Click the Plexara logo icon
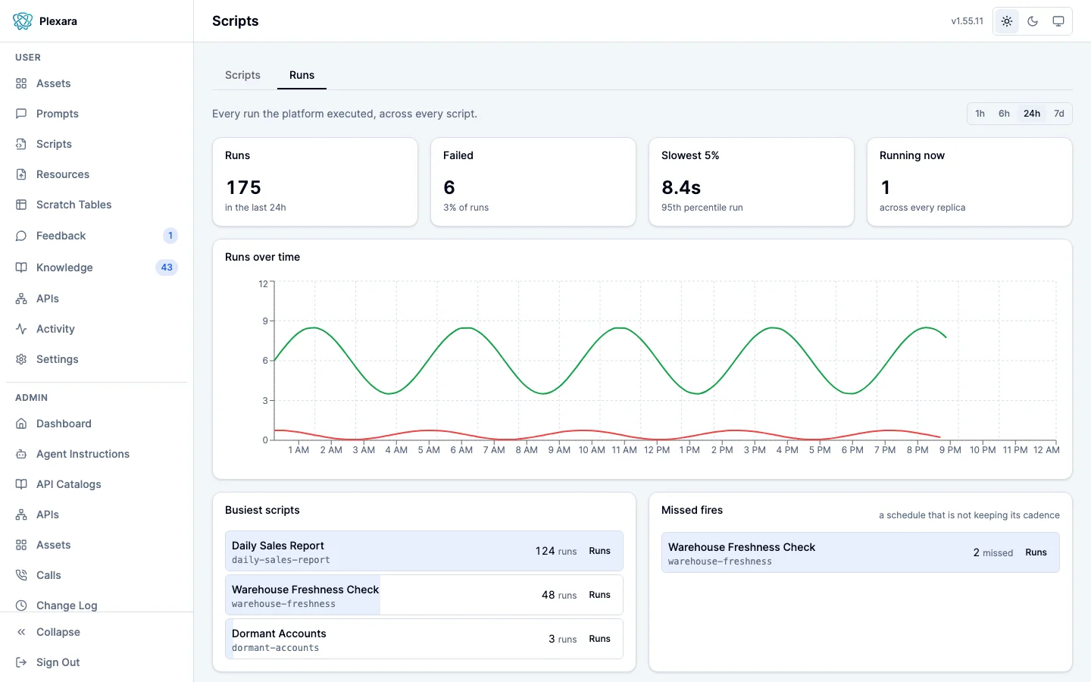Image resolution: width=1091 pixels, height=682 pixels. coord(23,21)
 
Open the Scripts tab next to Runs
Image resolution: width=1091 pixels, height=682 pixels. coord(242,75)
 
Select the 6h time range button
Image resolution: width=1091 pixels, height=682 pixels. coord(1004,114)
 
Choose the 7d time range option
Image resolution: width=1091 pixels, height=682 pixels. coord(1059,114)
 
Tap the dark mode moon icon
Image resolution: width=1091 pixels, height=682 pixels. coord(1033,21)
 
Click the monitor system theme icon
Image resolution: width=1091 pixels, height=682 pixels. coord(1058,21)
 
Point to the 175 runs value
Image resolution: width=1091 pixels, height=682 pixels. coord(243,188)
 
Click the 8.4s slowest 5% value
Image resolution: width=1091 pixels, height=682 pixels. coord(681,188)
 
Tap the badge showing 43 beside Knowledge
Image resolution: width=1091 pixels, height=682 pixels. coord(167,267)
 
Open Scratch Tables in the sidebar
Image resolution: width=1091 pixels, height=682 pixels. coord(74,205)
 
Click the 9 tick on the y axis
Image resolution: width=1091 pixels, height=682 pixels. coord(265,321)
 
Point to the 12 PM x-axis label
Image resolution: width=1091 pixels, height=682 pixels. coord(657,449)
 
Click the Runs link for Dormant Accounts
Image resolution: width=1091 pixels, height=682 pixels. coord(599,639)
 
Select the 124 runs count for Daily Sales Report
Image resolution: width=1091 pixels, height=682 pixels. coord(556,551)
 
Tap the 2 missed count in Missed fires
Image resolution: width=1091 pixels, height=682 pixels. coord(993,552)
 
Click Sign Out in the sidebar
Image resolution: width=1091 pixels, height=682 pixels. coord(58,662)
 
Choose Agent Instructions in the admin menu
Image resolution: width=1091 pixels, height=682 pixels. coord(83,453)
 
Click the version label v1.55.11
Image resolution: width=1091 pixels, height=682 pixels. coord(968,21)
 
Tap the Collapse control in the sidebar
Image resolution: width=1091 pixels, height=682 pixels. coord(58,632)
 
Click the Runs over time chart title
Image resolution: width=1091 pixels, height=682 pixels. coord(262,257)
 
